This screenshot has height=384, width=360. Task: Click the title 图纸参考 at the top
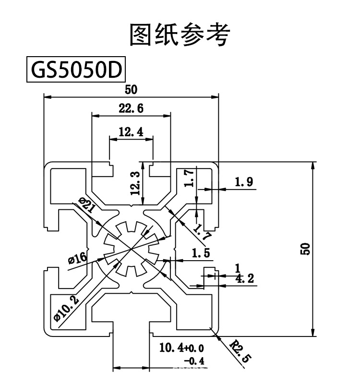180,35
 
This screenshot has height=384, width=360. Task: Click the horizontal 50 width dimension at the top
131,89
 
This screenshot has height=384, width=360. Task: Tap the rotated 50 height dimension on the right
306,248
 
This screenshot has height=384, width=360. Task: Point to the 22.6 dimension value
131,108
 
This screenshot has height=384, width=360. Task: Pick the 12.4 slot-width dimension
131,132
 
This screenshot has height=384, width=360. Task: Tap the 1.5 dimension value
201,252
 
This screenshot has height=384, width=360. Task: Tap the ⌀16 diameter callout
78,259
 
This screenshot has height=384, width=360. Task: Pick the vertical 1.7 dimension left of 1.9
190,178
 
